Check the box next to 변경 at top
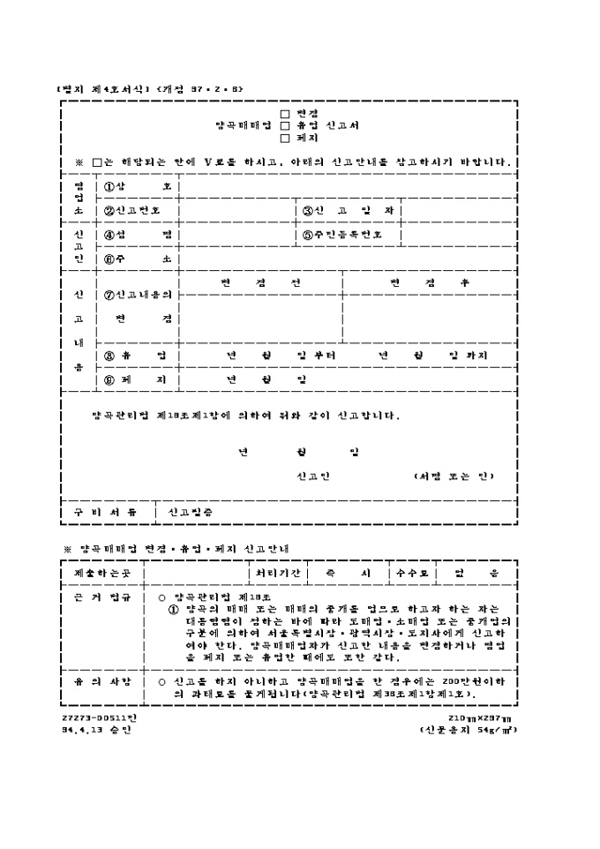point(284,114)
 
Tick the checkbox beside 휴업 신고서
point(284,125)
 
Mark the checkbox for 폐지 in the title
point(284,138)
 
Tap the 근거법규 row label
point(102,597)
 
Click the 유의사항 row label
point(102,682)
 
